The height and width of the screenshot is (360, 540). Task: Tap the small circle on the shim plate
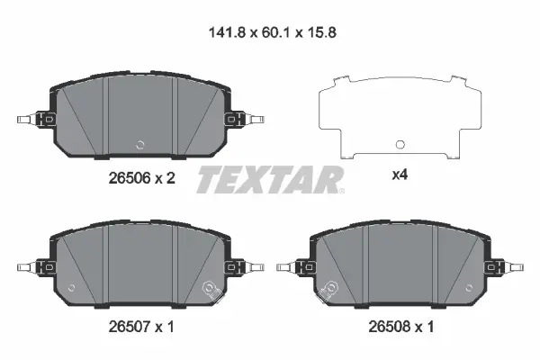(x=399, y=145)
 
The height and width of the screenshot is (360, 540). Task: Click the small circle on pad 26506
(x=139, y=145)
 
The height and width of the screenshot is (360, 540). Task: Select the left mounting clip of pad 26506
(x=32, y=119)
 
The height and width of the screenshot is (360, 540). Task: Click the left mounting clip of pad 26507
(x=32, y=266)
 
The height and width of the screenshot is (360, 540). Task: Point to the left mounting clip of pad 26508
(x=293, y=266)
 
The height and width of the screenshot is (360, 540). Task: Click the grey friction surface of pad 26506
(x=139, y=112)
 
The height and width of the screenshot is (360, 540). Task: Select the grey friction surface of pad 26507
(x=139, y=261)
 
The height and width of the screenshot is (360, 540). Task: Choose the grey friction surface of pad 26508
(x=400, y=261)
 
